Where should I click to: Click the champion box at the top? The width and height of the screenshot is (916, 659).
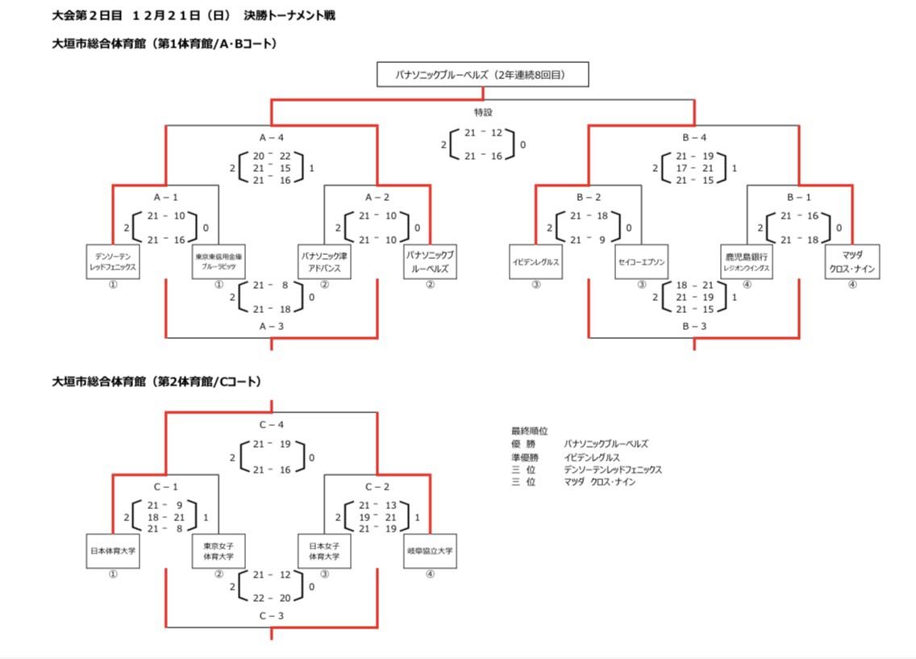click(482, 75)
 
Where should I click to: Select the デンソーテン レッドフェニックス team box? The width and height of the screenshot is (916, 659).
click(113, 261)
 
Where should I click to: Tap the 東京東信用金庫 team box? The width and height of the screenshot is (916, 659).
click(219, 261)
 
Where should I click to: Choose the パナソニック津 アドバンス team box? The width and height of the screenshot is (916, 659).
click(324, 261)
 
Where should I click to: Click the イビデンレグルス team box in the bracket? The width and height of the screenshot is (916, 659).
click(535, 261)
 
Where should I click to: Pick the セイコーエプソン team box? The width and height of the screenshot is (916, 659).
click(641, 261)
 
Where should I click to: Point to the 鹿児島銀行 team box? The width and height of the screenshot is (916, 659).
click(747, 261)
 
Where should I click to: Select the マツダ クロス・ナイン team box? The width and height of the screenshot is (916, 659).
click(852, 261)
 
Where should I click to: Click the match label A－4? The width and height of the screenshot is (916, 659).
click(271, 137)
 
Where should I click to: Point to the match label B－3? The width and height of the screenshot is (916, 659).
click(694, 327)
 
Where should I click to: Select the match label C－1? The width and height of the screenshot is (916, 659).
click(165, 487)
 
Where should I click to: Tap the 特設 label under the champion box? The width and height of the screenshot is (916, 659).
click(483, 112)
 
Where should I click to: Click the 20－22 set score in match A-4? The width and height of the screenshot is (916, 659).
click(271, 155)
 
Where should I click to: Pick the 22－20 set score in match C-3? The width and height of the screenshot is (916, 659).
click(271, 598)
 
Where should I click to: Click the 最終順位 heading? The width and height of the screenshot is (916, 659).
click(530, 432)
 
